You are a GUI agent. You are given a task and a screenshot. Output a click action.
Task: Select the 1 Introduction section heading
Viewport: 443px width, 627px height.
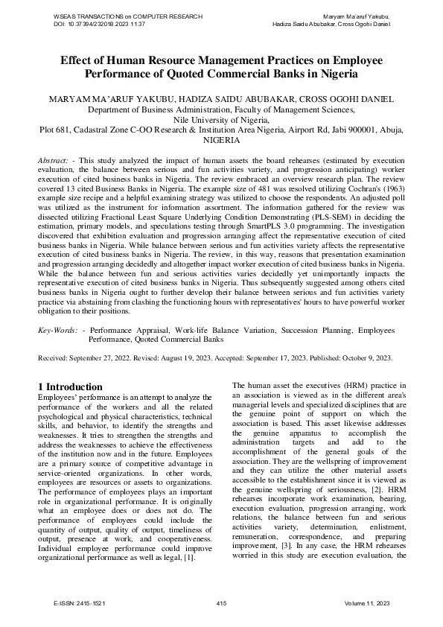pos(70,386)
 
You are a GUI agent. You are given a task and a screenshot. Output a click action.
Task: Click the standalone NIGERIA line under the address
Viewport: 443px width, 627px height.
pos(221,140)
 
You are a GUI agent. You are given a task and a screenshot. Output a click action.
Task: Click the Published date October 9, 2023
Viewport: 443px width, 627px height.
pos(366,358)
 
